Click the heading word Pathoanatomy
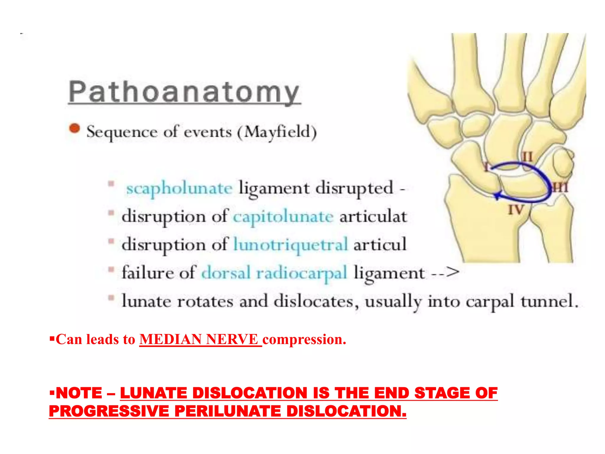point(184,92)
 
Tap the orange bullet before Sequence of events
point(74,129)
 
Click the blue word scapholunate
point(179,189)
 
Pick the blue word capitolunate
point(283,217)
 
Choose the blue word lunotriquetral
point(291,245)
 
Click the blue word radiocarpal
point(302,273)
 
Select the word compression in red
point(304,339)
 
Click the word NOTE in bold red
point(79,393)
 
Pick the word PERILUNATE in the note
point(227,411)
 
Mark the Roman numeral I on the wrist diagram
point(486,166)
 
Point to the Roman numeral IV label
point(516,210)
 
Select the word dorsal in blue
point(226,273)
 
